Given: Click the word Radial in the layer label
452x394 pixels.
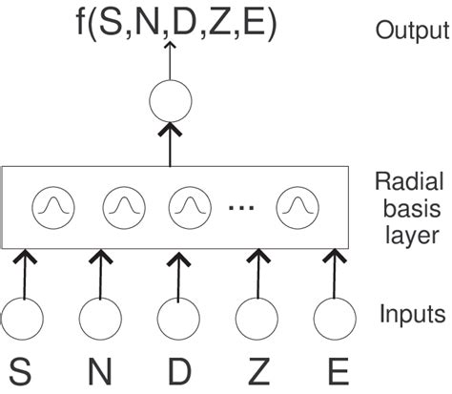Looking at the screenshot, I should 401,181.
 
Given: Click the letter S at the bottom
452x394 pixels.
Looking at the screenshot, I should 23,371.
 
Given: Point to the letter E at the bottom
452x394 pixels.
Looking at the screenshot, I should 334,371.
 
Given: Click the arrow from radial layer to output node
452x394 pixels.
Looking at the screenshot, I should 173,143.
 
